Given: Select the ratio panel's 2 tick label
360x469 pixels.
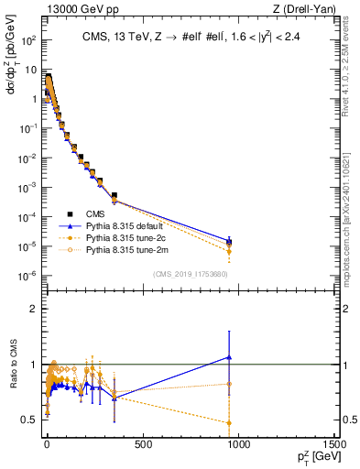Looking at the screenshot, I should coord(32,309).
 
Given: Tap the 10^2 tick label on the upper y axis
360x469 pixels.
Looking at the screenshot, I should coord(28,41).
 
